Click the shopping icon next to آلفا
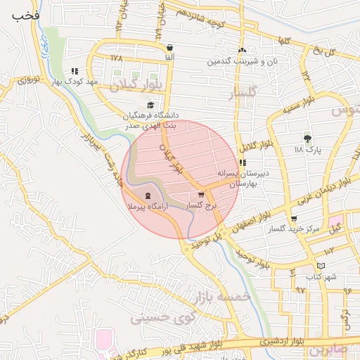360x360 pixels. coord(171,48)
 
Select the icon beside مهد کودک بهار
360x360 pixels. coord(75,71)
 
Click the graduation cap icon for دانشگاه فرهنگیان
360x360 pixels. coord(151,105)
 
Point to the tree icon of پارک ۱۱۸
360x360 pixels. coord(307,139)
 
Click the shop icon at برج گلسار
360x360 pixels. coord(202,195)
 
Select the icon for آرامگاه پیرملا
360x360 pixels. coord(148,197)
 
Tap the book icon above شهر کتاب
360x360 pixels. coord(321,265)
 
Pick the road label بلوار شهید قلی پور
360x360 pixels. coord(219,345)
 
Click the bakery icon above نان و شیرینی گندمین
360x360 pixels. coord(243,50)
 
